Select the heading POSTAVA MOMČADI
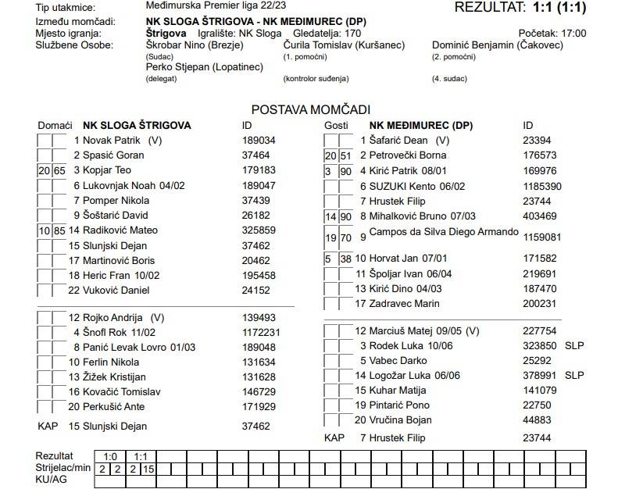(x=310, y=110)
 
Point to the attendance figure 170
(x=352, y=34)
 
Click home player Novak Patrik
(x=116, y=141)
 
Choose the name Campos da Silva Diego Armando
(x=444, y=232)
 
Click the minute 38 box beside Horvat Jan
(x=345, y=259)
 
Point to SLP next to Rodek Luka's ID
(x=574, y=345)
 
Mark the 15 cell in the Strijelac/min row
(x=148, y=469)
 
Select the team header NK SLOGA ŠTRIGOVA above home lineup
(x=137, y=126)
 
